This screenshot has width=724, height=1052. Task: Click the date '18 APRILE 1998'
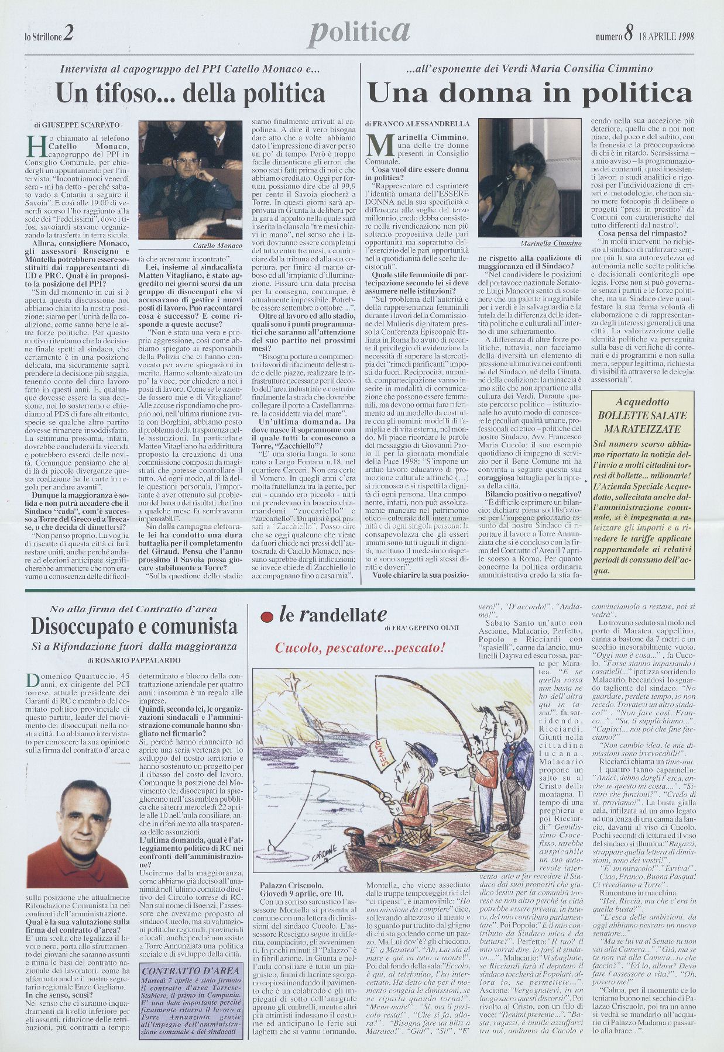pyautogui.click(x=666, y=36)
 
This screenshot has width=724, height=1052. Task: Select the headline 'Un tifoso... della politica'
pyautogui.click(x=190, y=93)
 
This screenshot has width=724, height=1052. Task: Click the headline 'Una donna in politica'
pyautogui.click(x=530, y=93)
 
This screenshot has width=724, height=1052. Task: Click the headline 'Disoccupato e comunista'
pyautogui.click(x=135, y=626)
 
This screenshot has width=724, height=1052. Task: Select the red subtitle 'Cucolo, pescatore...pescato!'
pyautogui.click(x=361, y=649)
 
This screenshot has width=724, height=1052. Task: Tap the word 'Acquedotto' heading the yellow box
pyautogui.click(x=642, y=402)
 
